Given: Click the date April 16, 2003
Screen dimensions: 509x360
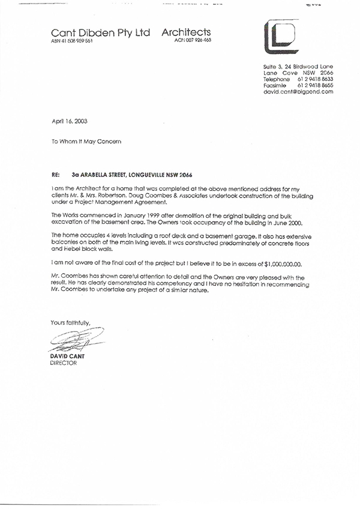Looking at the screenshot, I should pyautogui.click(x=70, y=121).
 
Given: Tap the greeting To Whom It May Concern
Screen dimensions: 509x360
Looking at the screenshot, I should pyautogui.click(x=86, y=142).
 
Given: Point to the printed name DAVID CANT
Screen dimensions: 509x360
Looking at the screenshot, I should pyautogui.click(x=67, y=357).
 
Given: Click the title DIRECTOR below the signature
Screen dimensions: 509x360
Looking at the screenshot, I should pyautogui.click(x=64, y=363).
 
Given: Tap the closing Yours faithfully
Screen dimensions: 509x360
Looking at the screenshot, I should pyautogui.click(x=70, y=322).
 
